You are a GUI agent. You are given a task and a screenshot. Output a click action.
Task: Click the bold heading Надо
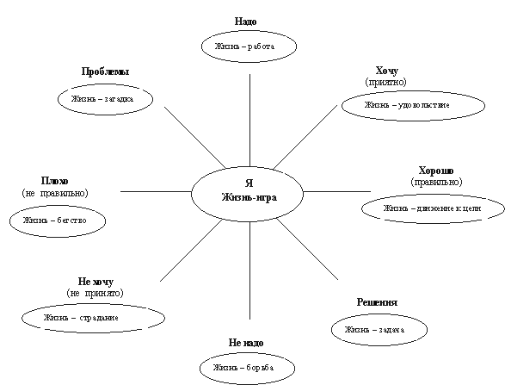pyautogui.click(x=246, y=22)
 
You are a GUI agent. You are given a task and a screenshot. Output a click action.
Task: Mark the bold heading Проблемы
pyautogui.click(x=105, y=71)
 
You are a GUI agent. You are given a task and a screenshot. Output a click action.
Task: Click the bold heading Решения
pyautogui.click(x=377, y=302)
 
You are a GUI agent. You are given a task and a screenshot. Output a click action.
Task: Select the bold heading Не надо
pyautogui.click(x=246, y=343)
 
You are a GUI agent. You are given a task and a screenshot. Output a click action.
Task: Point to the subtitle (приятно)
pyautogui.click(x=385, y=82)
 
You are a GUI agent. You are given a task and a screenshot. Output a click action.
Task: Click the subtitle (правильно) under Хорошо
pyautogui.click(x=436, y=183)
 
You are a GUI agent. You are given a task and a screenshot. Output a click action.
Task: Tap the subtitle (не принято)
pyautogui.click(x=95, y=293)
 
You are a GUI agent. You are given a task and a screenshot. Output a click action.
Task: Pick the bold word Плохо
pyautogui.click(x=55, y=181)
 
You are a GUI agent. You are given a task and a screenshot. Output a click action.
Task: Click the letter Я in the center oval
pyautogui.click(x=249, y=183)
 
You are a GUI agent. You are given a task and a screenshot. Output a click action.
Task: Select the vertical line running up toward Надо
pyautogui.click(x=250, y=121)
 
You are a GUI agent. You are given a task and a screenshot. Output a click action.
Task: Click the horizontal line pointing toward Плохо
pyautogui.click(x=157, y=191)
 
